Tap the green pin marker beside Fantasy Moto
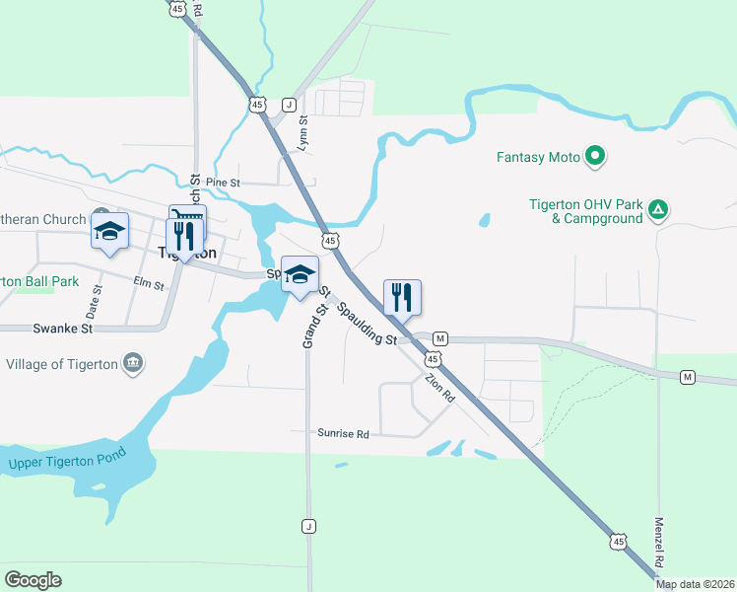(594, 156)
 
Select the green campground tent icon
(659, 209)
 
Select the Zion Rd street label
(439, 386)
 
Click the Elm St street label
(148, 284)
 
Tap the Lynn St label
(303, 133)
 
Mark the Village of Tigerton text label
(62, 364)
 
